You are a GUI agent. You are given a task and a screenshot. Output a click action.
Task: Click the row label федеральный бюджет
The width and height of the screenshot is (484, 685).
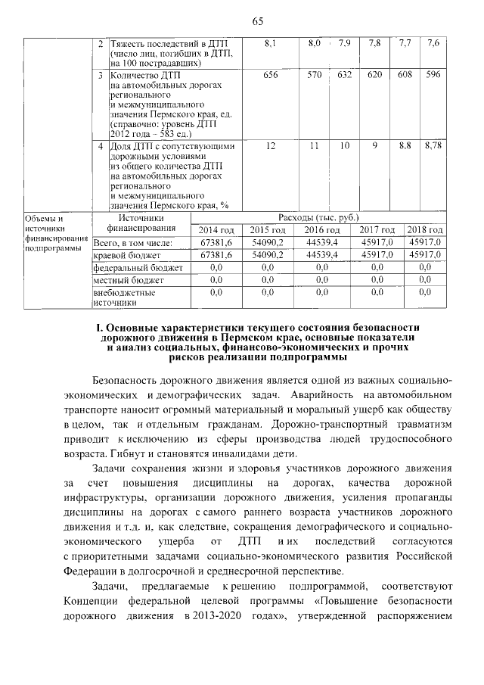[x=138, y=268]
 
